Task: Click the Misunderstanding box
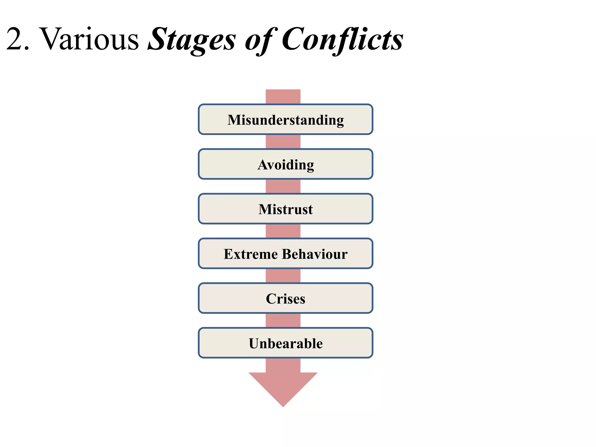point(285,120)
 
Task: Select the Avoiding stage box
point(285,164)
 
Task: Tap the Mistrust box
point(285,209)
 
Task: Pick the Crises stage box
point(285,298)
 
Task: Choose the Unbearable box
point(285,343)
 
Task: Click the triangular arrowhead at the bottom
point(283,387)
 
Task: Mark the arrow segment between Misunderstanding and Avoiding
point(283,142)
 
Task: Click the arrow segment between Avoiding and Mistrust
point(283,187)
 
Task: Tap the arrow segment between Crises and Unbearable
point(283,320)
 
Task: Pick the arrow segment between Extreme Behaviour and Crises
point(283,276)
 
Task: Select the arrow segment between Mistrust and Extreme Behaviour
point(283,231)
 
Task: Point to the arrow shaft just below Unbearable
point(283,365)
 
